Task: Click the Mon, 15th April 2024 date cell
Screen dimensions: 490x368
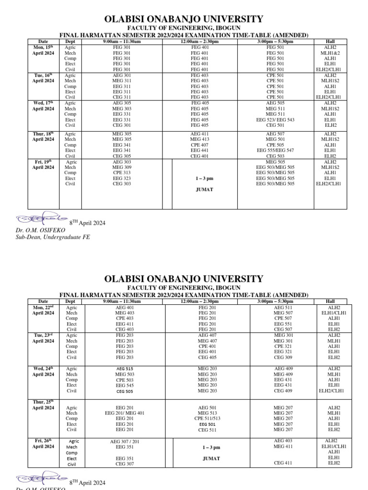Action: click(x=43, y=50)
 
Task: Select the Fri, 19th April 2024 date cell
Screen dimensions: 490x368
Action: click(x=43, y=165)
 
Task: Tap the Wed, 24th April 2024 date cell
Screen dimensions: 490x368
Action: click(x=43, y=372)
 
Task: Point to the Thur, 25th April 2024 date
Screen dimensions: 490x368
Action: click(x=43, y=404)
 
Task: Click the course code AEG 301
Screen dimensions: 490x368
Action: click(x=121, y=75)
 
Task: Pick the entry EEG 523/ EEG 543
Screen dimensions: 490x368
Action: click(x=275, y=120)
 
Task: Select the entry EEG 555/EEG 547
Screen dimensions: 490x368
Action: click(x=275, y=150)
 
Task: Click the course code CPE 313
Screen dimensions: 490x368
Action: click(x=121, y=173)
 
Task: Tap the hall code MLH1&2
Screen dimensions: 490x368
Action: click(x=330, y=53)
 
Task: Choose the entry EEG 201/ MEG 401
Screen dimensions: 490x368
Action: click(x=125, y=413)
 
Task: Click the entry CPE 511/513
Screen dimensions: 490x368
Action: click(x=207, y=418)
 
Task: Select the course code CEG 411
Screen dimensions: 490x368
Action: click(x=283, y=463)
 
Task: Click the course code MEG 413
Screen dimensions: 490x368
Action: click(x=199, y=139)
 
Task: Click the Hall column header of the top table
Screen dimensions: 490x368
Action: click(x=330, y=42)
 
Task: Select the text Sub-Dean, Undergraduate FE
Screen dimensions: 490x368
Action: click(x=53, y=237)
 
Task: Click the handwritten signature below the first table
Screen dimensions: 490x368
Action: click(x=41, y=219)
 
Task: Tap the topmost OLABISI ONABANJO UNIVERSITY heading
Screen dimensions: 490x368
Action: click(x=184, y=19)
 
